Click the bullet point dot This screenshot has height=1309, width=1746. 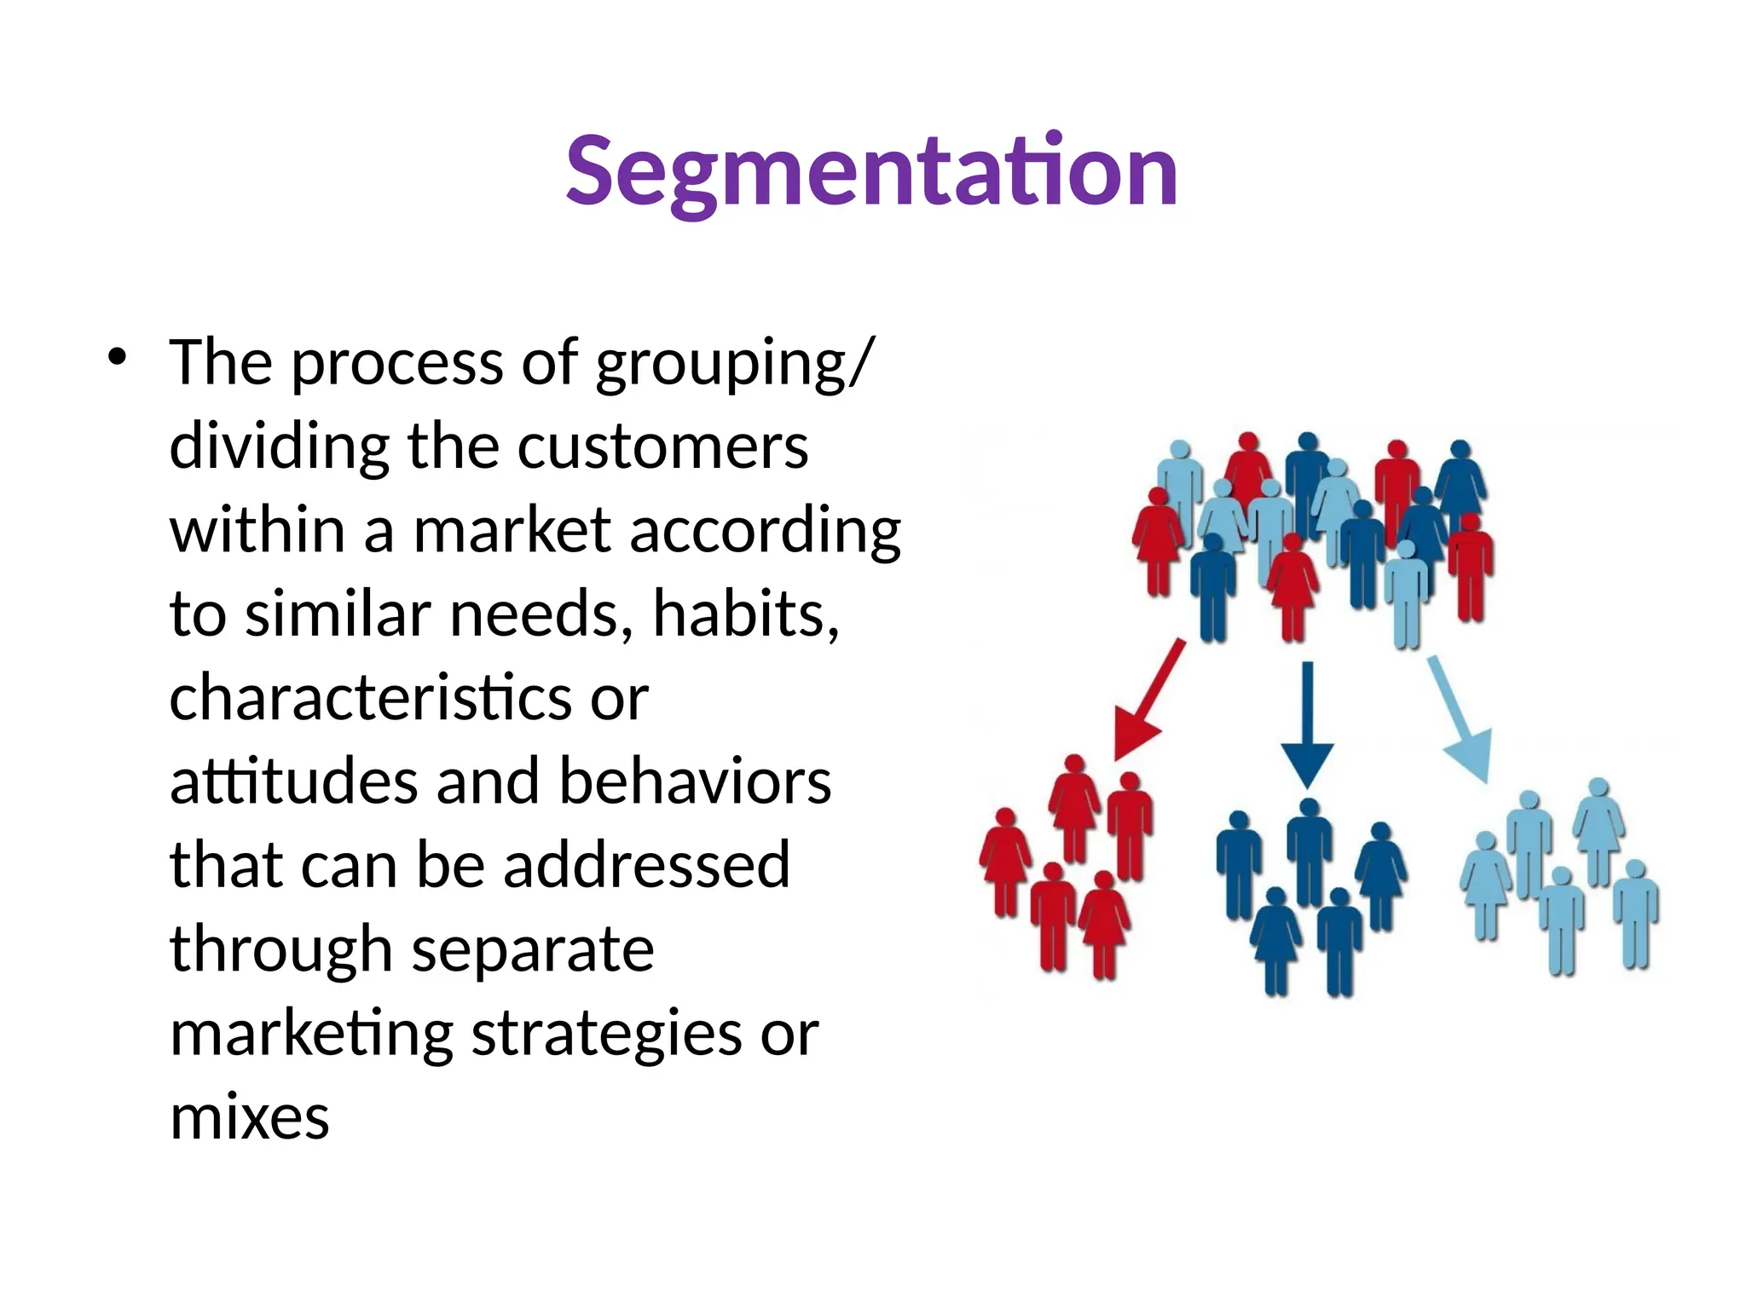click(x=117, y=358)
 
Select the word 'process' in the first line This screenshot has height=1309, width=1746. click(x=398, y=364)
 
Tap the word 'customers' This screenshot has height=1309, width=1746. click(x=662, y=447)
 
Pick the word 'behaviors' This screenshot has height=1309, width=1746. click(x=695, y=781)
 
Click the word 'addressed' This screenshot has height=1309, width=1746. click(x=646, y=865)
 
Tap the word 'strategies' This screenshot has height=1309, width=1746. click(x=607, y=1034)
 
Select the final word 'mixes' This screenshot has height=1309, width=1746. click(x=249, y=1117)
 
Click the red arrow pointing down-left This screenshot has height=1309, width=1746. click(x=1147, y=701)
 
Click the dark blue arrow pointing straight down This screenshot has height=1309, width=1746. click(x=1307, y=724)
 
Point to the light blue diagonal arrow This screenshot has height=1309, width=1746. click(x=1461, y=718)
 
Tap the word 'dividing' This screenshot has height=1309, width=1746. click(x=280, y=447)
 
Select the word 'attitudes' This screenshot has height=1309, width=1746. click(x=293, y=781)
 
